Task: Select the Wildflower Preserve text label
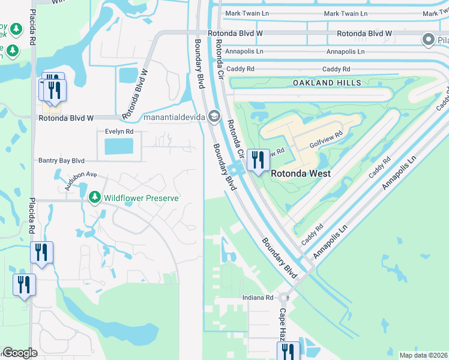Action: point(141,197)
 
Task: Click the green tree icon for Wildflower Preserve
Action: point(94,197)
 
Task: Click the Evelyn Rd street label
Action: point(119,131)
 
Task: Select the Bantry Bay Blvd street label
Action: point(61,161)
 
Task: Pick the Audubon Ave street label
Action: point(82,179)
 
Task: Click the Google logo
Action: point(20,353)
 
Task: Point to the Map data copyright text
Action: point(423,355)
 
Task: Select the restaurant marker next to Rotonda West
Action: point(258,161)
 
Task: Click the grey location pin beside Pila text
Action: point(428,40)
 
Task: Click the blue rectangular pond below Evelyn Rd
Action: point(119,146)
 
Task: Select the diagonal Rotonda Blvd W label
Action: point(135,95)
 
